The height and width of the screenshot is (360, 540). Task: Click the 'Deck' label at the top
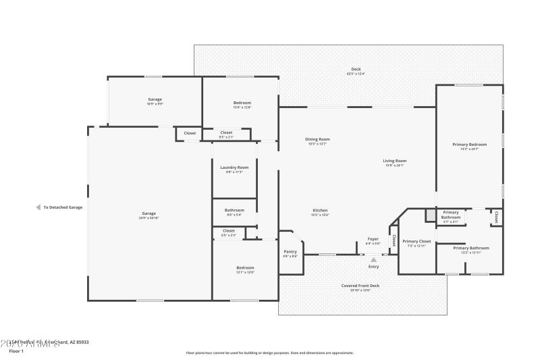coord(356,70)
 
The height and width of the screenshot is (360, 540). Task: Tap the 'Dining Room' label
coord(318,139)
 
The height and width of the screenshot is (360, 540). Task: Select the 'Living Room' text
coord(394,161)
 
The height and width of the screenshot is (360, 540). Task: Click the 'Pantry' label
coord(290,252)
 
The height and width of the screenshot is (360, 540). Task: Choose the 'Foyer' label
coord(373,239)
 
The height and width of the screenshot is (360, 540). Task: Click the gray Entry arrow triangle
coord(373,259)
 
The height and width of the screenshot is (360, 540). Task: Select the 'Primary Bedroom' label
coord(469,145)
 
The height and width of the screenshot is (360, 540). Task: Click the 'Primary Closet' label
coord(416,241)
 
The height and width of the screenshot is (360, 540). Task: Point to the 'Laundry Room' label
coord(234,168)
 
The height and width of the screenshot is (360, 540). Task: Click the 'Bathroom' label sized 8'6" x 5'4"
coord(234,210)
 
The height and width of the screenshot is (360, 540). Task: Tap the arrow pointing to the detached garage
coord(38,207)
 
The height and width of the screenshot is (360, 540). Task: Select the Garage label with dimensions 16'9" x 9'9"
coord(155,99)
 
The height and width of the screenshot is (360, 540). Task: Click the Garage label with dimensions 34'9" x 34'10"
coord(148,213)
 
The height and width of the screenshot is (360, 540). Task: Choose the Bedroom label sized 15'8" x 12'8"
coord(242,103)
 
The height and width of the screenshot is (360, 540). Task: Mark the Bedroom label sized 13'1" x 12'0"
coord(245,267)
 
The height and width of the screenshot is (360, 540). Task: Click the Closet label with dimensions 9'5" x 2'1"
coord(226,132)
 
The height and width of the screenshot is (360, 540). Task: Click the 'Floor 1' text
coord(16,351)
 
